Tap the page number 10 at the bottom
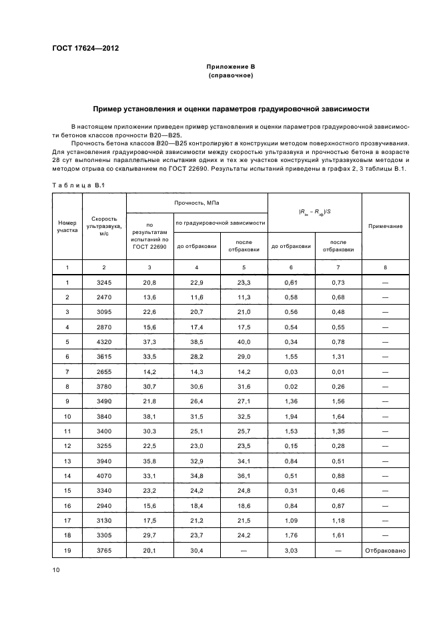56,569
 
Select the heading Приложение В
230,67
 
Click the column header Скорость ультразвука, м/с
103,226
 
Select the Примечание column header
385,226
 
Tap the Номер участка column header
67,226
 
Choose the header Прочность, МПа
197,201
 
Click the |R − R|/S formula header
314,211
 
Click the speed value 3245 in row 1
103,282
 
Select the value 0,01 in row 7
338,370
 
